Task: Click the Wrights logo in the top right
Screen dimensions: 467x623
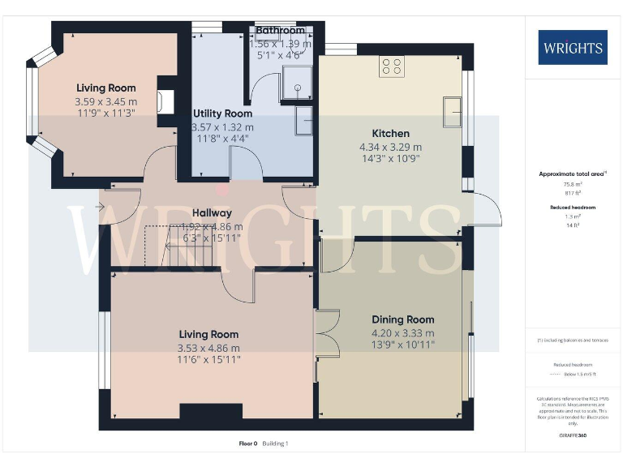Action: click(572, 47)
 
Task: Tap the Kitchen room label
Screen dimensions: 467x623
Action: click(390, 133)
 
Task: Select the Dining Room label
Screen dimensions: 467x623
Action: click(402, 319)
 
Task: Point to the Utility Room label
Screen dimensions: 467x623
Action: click(221, 114)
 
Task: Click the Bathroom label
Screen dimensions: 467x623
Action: click(279, 31)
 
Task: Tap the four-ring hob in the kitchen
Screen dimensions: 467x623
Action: click(392, 66)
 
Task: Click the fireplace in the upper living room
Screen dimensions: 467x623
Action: click(166, 101)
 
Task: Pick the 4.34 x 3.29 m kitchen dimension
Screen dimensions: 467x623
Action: click(390, 147)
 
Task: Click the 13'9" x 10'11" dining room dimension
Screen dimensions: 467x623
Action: click(402, 345)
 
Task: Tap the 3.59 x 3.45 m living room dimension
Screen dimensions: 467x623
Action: click(105, 102)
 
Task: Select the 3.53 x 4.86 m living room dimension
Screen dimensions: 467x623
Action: click(208, 348)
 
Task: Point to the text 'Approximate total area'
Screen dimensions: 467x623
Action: click(571, 174)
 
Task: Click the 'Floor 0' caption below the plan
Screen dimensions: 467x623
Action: click(247, 443)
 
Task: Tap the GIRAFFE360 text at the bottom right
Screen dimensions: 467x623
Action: click(572, 436)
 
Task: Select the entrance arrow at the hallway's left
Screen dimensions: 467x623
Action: click(100, 208)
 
